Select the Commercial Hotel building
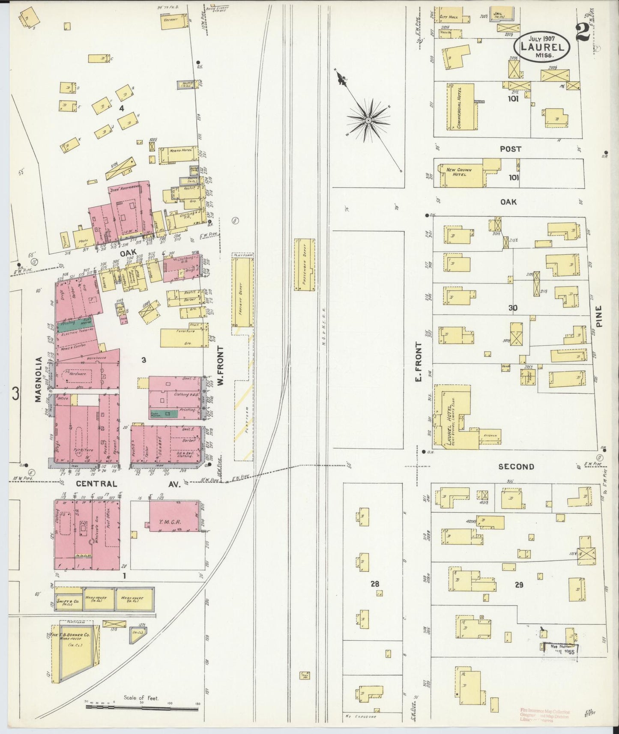[462, 107]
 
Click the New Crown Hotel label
[459, 172]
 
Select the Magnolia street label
[38, 379]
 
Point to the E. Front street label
[419, 362]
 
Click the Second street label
[516, 467]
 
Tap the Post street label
[510, 149]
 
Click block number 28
[375, 584]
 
